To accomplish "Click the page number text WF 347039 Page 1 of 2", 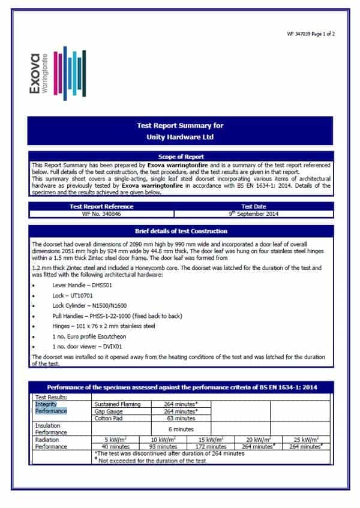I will pyautogui.click(x=311, y=34).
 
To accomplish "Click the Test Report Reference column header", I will pyautogui.click(x=101, y=206).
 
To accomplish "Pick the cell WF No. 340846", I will pyautogui.click(x=101, y=214).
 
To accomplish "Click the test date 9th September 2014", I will pyautogui.click(x=253, y=214).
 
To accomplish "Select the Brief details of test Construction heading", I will pyautogui.click(x=180, y=231).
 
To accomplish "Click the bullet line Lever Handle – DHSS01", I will pyautogui.click(x=79, y=285).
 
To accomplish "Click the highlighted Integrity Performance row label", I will pyautogui.click(x=51, y=408).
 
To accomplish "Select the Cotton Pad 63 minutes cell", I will pyautogui.click(x=179, y=419).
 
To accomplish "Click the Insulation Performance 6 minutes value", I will pyautogui.click(x=179, y=429).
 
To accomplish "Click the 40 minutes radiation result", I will pyautogui.click(x=114, y=447).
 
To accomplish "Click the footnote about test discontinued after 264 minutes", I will pyautogui.click(x=170, y=454).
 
